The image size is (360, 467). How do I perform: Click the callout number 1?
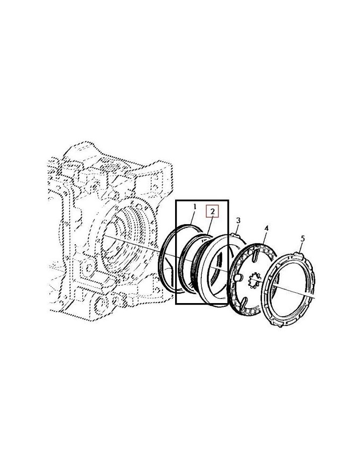point(195,206)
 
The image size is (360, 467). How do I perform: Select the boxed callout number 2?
point(212,212)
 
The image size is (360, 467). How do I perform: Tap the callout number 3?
point(238,220)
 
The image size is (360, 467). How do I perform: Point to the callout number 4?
point(266,228)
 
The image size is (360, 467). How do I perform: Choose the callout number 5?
point(302,239)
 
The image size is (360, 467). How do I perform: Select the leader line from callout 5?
point(300,247)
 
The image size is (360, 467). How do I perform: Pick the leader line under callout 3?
point(236,227)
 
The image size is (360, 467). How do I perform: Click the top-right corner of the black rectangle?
point(228,201)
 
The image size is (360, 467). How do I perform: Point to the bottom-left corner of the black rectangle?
point(176,304)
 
